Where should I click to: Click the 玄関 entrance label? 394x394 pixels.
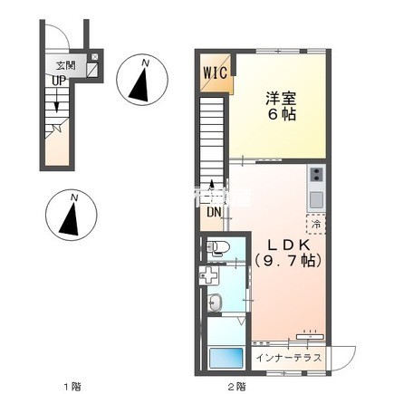tap(65, 65)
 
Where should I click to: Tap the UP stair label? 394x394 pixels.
tap(58, 80)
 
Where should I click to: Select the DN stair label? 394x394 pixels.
tap(214, 213)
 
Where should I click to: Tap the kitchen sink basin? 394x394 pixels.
tap(316, 198)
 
